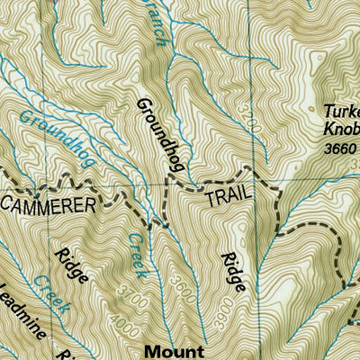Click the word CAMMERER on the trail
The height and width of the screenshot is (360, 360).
coord(48,206)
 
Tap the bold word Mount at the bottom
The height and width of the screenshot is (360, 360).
coord(178,351)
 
